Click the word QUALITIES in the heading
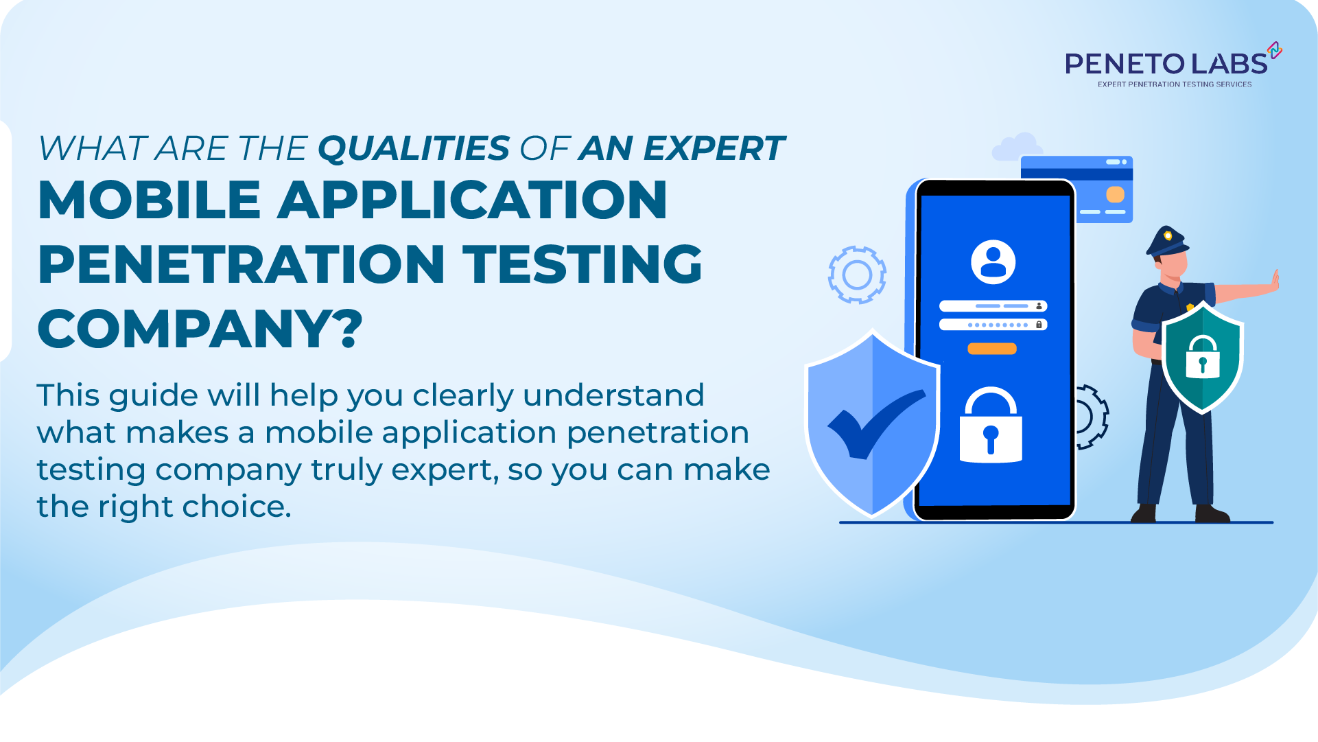click(x=414, y=149)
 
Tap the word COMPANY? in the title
click(x=200, y=329)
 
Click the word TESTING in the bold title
click(x=582, y=264)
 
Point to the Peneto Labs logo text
click(x=1166, y=64)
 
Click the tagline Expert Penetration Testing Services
click(x=1175, y=84)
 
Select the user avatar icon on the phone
click(x=993, y=262)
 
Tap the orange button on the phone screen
click(x=991, y=349)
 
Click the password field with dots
click(x=993, y=325)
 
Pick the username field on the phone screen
click(x=993, y=306)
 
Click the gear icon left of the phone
click(x=857, y=275)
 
